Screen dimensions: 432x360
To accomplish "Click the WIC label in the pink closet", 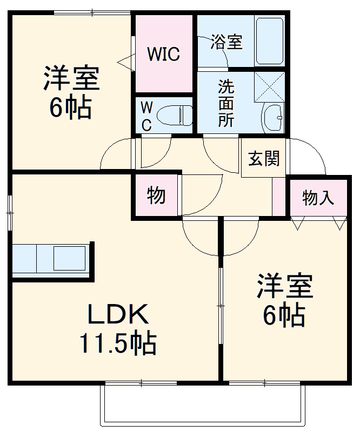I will tap(164, 55).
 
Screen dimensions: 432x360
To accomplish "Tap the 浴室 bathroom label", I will tap(226, 42).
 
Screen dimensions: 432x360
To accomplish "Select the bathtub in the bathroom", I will tap(269, 41).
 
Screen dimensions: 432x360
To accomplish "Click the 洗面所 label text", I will tap(226, 103).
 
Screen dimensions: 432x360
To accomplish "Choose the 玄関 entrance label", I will tap(264, 159).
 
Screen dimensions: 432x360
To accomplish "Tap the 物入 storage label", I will tap(318, 198).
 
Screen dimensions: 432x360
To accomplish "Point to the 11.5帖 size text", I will tap(118, 342).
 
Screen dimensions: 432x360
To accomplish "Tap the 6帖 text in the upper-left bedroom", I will tap(70, 109).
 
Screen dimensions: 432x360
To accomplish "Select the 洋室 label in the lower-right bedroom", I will tap(284, 286).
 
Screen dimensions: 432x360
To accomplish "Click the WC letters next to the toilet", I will tap(146, 115).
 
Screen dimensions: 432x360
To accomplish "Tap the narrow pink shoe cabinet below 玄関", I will tap(279, 195).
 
